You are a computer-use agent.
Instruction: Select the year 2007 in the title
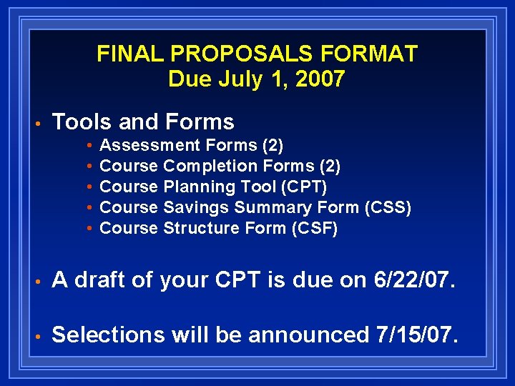(319, 79)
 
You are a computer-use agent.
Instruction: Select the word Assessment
(150, 146)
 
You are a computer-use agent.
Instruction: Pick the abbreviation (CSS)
(388, 208)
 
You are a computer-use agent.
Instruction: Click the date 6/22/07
(414, 281)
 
